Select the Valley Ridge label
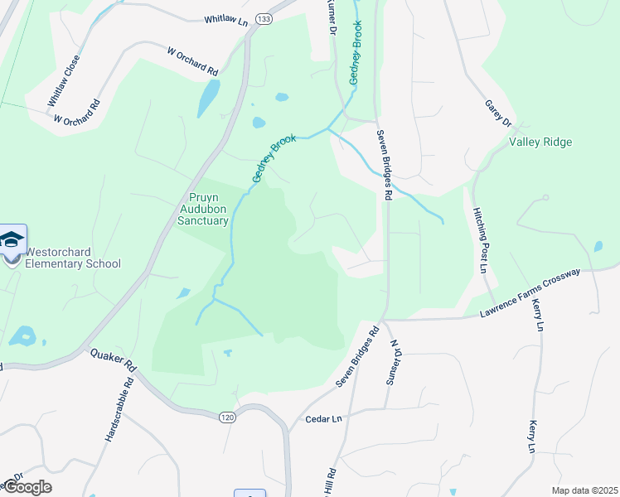click(540, 142)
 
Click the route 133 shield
click(264, 19)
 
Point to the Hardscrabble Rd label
click(120, 410)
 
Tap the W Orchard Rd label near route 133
click(192, 61)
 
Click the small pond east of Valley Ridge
click(598, 246)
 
